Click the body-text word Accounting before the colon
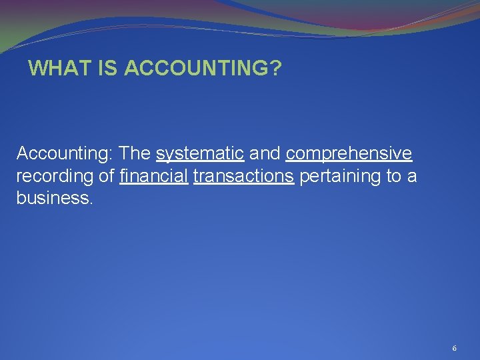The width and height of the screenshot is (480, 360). point(63,154)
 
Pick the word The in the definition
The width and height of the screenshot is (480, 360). point(135,154)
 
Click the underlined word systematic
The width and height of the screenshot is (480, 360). point(199,155)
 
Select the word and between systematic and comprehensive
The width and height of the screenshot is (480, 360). point(265,154)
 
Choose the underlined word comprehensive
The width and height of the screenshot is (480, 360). point(349,155)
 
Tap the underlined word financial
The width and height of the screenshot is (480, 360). point(154,176)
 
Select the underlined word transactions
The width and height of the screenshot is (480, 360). point(243,176)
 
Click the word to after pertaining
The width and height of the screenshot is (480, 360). point(390,176)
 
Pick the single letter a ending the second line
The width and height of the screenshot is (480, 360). point(412,177)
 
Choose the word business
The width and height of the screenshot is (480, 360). point(51,198)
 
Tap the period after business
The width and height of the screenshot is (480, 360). point(89,202)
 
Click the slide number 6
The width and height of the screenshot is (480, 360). point(454,348)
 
